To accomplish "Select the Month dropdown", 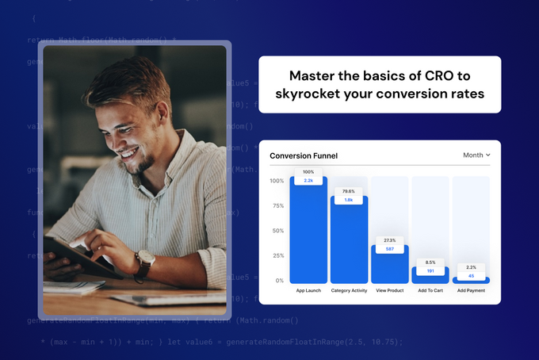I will [476, 155].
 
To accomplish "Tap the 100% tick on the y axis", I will [277, 181].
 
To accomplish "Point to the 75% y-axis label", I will [277, 205].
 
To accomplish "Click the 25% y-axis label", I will [277, 255].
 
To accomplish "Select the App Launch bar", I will [308, 234].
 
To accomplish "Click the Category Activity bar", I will [349, 242].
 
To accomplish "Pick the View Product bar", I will [389, 266].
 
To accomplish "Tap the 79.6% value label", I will [349, 191].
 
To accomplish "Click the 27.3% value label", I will [389, 240].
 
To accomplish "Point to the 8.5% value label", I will [430, 262].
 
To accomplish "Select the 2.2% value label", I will [471, 267].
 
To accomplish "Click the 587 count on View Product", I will [389, 249].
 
